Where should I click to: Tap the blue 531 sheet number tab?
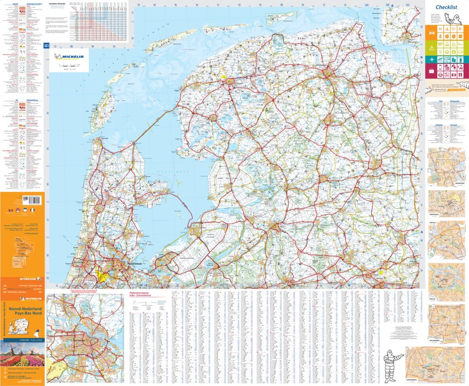[46, 46]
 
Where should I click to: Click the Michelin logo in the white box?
[71, 57]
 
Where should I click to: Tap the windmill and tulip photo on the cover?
[22, 354]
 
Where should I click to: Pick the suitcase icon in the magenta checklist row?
[431, 71]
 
